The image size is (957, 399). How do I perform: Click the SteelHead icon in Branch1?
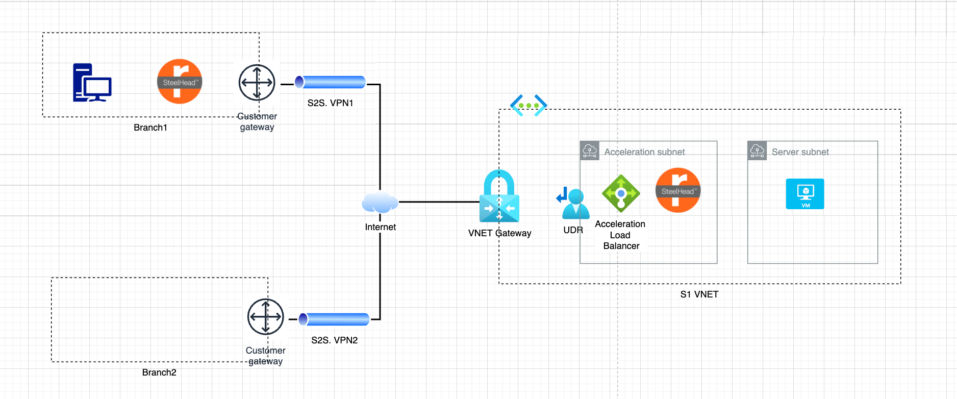(x=179, y=82)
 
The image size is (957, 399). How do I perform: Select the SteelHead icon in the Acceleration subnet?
(x=677, y=190)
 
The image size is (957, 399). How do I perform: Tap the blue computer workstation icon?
(x=92, y=83)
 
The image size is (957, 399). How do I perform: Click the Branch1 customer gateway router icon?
(x=257, y=83)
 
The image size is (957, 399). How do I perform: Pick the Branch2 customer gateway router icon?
(x=265, y=317)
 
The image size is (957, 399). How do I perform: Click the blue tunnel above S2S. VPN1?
(x=331, y=82)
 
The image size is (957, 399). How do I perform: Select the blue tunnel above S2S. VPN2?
(x=334, y=319)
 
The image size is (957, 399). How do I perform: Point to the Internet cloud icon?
(x=380, y=203)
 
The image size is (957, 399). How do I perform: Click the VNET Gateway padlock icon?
(x=499, y=197)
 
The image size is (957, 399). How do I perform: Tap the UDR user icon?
(x=573, y=204)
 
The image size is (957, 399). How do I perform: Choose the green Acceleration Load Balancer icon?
(x=621, y=193)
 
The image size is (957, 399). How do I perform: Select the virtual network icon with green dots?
(x=528, y=105)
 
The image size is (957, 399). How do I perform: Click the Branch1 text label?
(x=150, y=128)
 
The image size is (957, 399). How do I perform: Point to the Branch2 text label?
(x=159, y=372)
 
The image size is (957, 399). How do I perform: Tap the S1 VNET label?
(x=699, y=294)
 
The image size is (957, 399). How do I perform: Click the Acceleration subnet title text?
(x=644, y=152)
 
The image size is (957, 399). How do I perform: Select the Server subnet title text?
(x=800, y=152)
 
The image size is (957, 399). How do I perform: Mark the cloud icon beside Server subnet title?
(x=757, y=151)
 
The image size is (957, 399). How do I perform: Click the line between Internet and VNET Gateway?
(x=439, y=202)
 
